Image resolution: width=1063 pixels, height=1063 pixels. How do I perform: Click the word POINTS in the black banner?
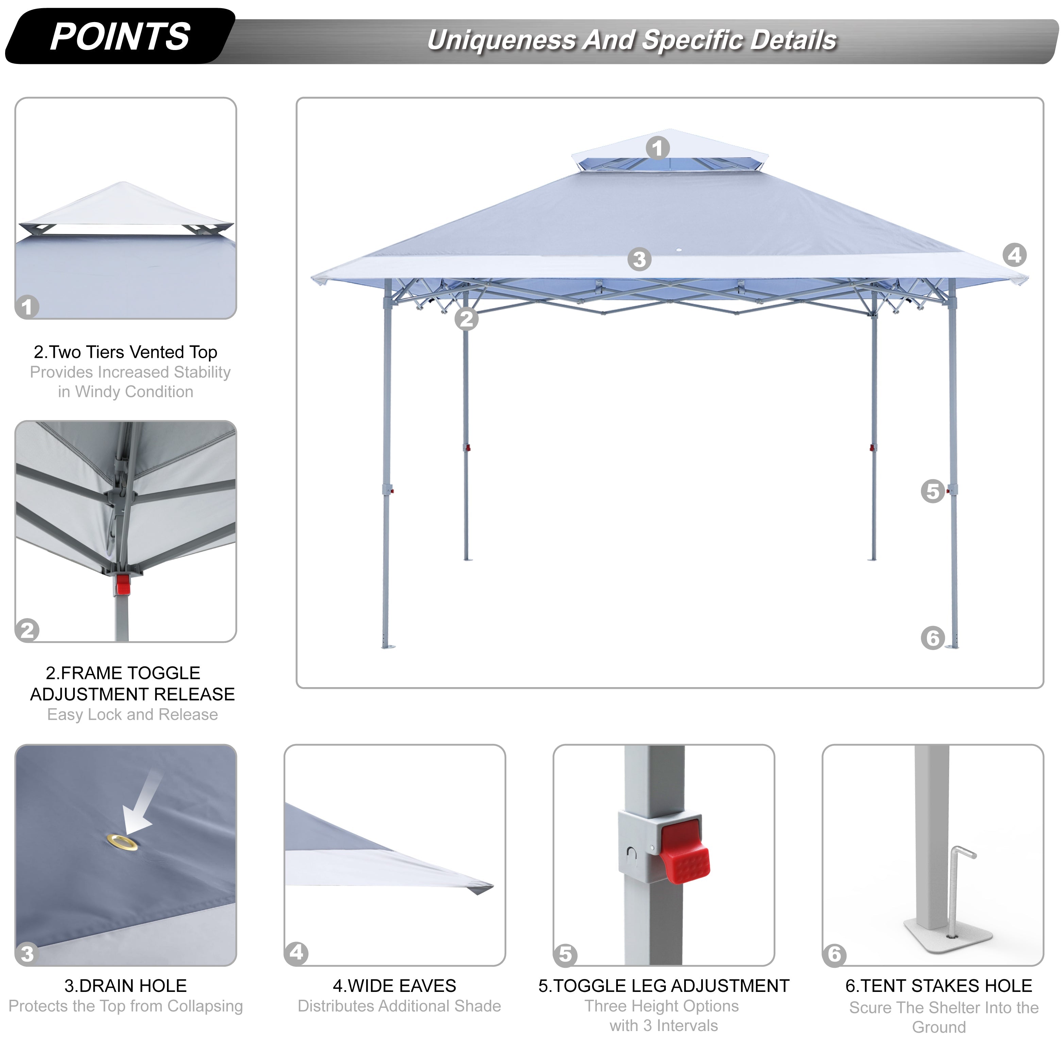[120, 37]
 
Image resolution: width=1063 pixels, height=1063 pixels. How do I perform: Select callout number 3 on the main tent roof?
[639, 259]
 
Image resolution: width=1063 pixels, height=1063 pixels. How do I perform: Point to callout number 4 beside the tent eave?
[1015, 255]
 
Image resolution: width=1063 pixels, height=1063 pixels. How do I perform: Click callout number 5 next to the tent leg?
[933, 491]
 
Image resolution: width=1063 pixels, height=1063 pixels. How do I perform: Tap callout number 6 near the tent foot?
[933, 638]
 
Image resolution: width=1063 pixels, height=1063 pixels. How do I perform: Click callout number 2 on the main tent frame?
[467, 319]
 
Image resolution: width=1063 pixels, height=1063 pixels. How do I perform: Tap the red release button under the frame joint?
[123, 585]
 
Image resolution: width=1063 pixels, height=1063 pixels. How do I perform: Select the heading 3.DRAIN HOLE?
[125, 985]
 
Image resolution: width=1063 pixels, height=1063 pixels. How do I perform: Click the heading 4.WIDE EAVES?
[394, 985]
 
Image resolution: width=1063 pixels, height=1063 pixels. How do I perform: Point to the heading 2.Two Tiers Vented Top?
[125, 352]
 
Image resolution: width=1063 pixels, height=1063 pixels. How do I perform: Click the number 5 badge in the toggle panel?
[566, 954]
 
